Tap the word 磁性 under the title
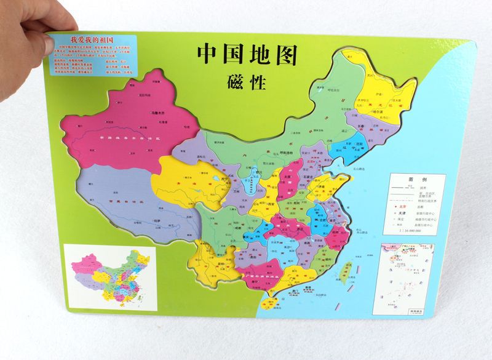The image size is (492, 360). pyautogui.click(x=246, y=82)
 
